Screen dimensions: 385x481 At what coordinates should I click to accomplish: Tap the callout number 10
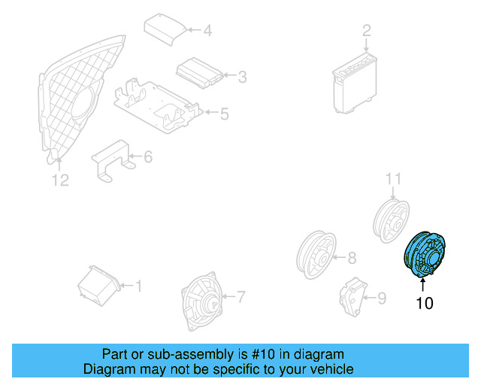[425, 304]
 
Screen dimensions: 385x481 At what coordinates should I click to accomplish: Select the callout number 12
[59, 180]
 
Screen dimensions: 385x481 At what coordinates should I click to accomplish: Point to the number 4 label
[207, 31]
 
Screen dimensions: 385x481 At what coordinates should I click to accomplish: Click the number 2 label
[367, 31]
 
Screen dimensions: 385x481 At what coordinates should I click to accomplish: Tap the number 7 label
[240, 296]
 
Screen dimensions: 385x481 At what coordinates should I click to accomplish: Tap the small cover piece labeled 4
[164, 28]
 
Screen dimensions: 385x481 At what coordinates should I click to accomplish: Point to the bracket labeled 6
[111, 159]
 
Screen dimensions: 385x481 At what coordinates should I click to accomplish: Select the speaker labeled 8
[316, 255]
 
